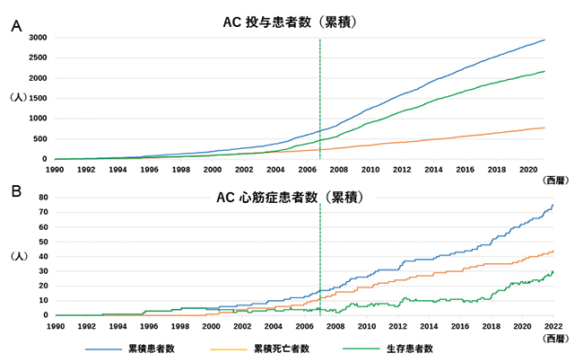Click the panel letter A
tap(15, 27)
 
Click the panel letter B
tap(15, 190)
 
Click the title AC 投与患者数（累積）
tap(291, 22)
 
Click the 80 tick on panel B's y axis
tap(42, 197)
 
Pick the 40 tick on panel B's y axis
tap(42, 256)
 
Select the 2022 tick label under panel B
tap(553, 324)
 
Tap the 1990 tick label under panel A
tap(55, 168)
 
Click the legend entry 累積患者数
tap(152, 348)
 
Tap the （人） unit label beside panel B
tap(19, 256)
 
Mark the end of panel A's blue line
tap(544, 40)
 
